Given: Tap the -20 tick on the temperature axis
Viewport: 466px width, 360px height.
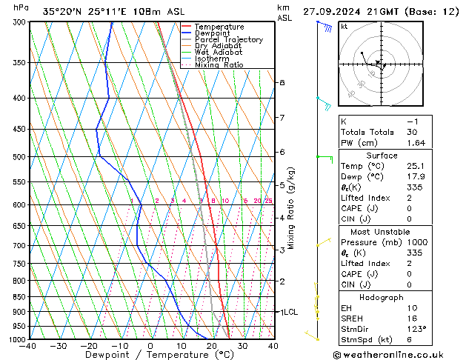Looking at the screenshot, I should [88, 346].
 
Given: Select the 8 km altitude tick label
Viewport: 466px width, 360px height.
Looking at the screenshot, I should [282, 82].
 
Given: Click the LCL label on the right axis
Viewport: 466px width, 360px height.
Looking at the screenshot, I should [288, 313].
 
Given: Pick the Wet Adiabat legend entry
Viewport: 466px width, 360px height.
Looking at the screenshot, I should [218, 52].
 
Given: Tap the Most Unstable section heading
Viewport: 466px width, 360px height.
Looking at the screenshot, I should [382, 232].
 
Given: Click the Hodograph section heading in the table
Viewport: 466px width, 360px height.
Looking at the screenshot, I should [382, 296].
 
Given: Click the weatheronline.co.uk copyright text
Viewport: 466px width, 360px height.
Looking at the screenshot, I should [399, 353].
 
